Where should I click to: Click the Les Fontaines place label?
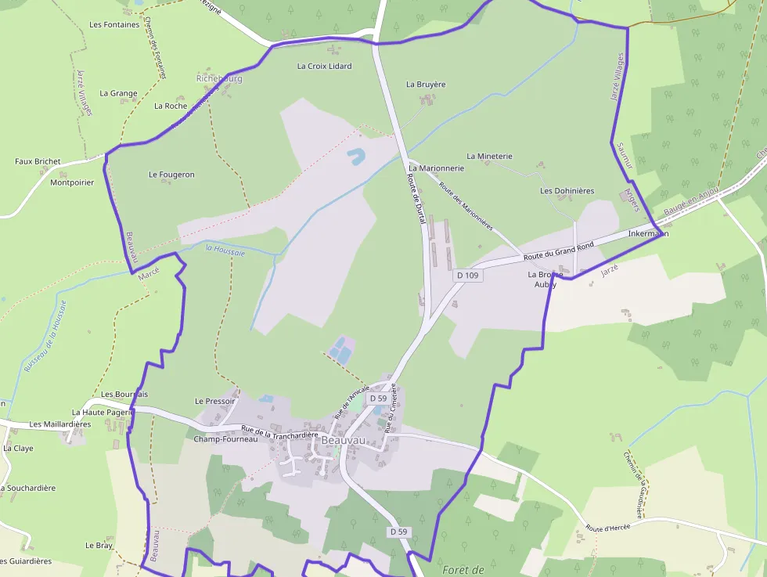[x=114, y=24]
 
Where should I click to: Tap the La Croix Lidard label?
[x=324, y=67]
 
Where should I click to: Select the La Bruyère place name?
[x=426, y=84]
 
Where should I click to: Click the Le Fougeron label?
[x=171, y=175]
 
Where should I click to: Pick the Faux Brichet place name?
[x=38, y=161]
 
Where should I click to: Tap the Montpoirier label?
[x=71, y=182]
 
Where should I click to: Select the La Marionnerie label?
[x=437, y=168]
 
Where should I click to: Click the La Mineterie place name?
[x=489, y=157]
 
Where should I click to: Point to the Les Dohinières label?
[x=567, y=191]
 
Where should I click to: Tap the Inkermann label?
[x=648, y=233]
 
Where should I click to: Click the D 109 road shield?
[x=467, y=276]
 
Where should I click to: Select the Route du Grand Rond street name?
[x=558, y=251]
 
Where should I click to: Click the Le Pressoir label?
[x=214, y=401]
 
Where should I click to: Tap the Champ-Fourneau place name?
[x=225, y=439]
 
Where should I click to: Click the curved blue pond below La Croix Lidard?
[x=355, y=156]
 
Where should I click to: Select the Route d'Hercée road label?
[x=608, y=528]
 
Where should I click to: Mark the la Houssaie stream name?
[x=225, y=251]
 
